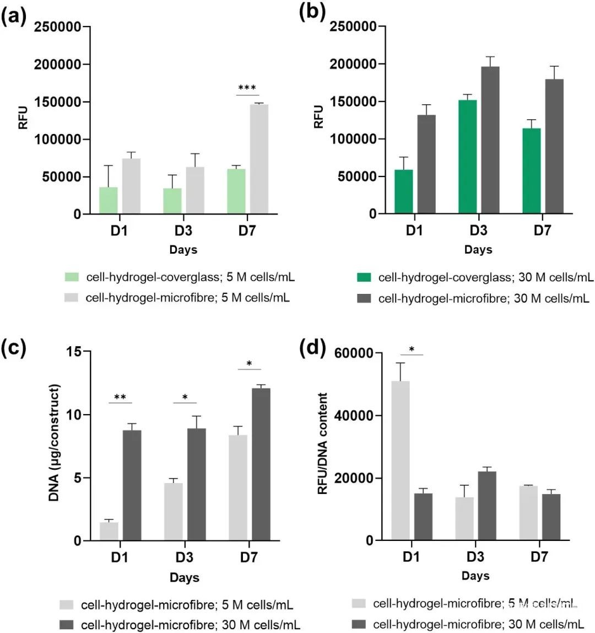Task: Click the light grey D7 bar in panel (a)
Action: click(x=259, y=159)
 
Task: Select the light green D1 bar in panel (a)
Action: click(x=109, y=200)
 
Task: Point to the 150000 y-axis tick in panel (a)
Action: click(x=62, y=102)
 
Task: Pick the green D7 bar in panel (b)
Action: click(x=531, y=171)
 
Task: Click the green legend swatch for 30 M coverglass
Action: click(x=366, y=277)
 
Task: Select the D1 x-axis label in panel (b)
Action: click(x=415, y=230)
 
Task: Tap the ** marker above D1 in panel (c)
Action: click(x=120, y=397)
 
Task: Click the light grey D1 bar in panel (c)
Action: click(x=109, y=531)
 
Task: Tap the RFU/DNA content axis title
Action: click(x=323, y=443)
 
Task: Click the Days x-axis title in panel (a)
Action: click(x=183, y=250)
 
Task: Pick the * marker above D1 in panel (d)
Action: click(x=411, y=349)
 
